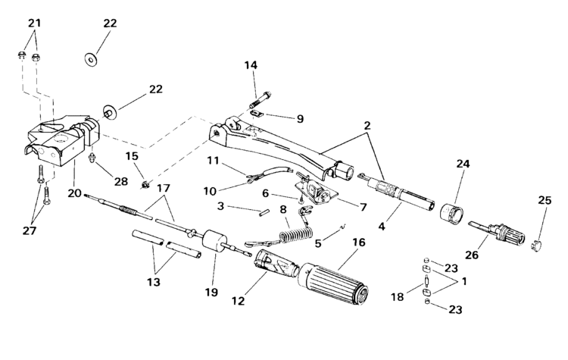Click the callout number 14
[x=251, y=66]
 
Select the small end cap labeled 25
[x=536, y=246]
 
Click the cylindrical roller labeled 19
[x=216, y=241]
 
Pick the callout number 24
[x=463, y=164]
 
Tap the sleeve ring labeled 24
[x=451, y=213]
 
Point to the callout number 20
[x=75, y=193]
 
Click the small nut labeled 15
[x=145, y=185]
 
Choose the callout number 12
[x=238, y=301]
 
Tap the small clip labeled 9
[x=258, y=114]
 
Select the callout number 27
[x=30, y=231]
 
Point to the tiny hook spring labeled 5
[x=342, y=227]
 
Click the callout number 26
[x=472, y=255]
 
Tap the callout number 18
[x=397, y=297]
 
